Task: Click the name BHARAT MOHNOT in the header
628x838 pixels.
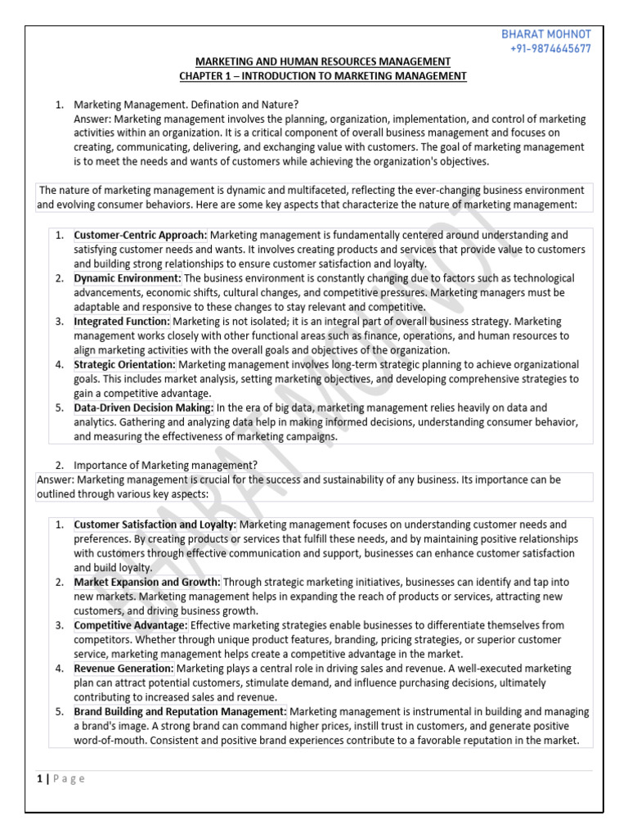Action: tap(545, 34)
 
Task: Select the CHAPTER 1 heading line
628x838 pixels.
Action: tap(322, 76)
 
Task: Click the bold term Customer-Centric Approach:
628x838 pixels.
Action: tap(141, 235)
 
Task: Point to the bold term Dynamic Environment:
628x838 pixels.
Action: tap(127, 278)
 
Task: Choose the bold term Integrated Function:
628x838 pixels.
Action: tap(122, 322)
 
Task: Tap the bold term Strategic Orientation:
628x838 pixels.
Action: tap(124, 364)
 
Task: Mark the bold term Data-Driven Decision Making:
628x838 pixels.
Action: tap(144, 408)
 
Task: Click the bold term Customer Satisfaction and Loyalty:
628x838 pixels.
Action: tap(155, 524)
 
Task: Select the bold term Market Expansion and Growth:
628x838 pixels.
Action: tap(147, 582)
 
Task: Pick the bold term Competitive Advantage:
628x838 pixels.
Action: tap(131, 625)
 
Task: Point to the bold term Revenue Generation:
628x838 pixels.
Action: tap(123, 669)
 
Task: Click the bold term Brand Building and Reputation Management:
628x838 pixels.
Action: tap(180, 712)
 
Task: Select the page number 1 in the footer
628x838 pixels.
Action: tap(39, 778)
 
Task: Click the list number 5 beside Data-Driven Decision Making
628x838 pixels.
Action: tap(60, 408)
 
